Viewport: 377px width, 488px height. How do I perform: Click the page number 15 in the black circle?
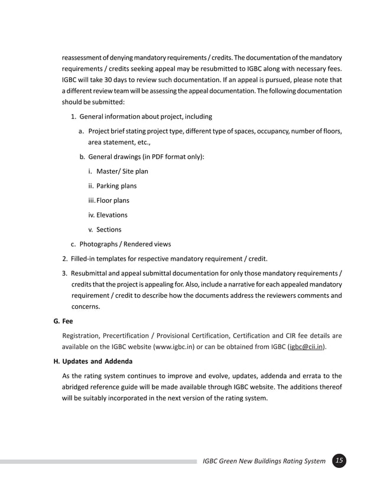click(x=339, y=461)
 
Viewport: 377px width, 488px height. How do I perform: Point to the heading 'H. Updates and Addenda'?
click(x=93, y=361)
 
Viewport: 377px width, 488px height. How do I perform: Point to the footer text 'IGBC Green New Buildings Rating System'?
click(x=264, y=461)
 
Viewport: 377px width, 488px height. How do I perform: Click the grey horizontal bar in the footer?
click(x=97, y=461)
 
